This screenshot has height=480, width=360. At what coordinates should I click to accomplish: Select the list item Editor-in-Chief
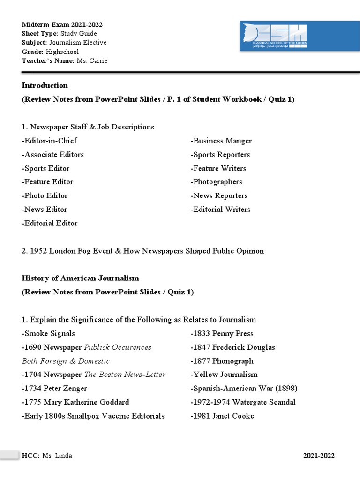[x=50, y=141]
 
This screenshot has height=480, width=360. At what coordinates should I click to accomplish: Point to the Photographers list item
[x=217, y=182]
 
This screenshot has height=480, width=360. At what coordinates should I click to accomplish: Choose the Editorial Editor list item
[x=50, y=223]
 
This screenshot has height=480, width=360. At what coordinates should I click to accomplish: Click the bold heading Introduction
[x=45, y=85]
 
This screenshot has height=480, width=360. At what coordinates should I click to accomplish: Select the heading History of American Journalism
[x=81, y=278]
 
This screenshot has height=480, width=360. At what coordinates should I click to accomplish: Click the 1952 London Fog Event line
[x=143, y=251]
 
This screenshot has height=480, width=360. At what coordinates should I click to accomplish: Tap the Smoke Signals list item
[x=49, y=333]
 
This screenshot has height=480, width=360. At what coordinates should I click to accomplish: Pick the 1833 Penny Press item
[x=222, y=333]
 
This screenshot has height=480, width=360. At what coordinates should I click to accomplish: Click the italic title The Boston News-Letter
[x=125, y=375]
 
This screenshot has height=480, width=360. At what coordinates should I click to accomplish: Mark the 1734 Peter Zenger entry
[x=54, y=388]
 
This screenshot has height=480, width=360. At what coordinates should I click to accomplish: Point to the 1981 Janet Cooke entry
[x=222, y=416]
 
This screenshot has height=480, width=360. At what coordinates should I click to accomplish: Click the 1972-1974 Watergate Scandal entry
[x=243, y=402]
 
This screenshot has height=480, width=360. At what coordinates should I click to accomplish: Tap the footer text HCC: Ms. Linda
[x=47, y=456]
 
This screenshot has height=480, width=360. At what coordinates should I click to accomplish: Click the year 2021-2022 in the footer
[x=319, y=456]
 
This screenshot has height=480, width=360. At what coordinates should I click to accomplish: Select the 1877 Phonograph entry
[x=222, y=361]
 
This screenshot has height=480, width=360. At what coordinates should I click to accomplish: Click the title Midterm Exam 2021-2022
[x=62, y=24]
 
